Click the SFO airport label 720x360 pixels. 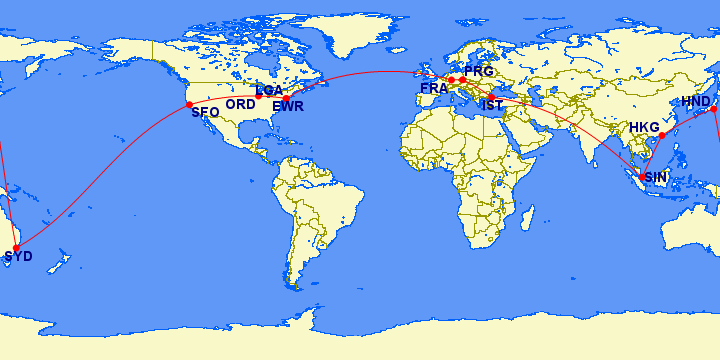click(x=205, y=113)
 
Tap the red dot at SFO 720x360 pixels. click(x=189, y=104)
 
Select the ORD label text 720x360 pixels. click(x=240, y=104)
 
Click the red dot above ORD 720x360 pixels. click(x=259, y=96)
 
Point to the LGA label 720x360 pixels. click(x=269, y=90)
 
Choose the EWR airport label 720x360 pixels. click(x=288, y=106)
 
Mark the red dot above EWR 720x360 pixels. click(x=286, y=98)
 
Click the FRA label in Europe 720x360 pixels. click(x=434, y=89)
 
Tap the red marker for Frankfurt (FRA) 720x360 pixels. click(x=451, y=80)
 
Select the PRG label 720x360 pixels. click(x=479, y=72)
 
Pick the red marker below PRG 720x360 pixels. click(x=462, y=80)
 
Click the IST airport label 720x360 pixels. click(x=492, y=106)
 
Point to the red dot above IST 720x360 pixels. click(x=491, y=97)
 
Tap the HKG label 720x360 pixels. click(x=644, y=128)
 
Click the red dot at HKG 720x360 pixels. click(x=661, y=135)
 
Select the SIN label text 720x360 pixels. click(x=655, y=177)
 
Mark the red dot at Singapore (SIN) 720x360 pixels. click(x=643, y=177)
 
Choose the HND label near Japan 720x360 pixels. click(x=696, y=102)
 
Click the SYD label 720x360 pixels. click(x=18, y=257)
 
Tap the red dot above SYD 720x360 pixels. click(x=15, y=247)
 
